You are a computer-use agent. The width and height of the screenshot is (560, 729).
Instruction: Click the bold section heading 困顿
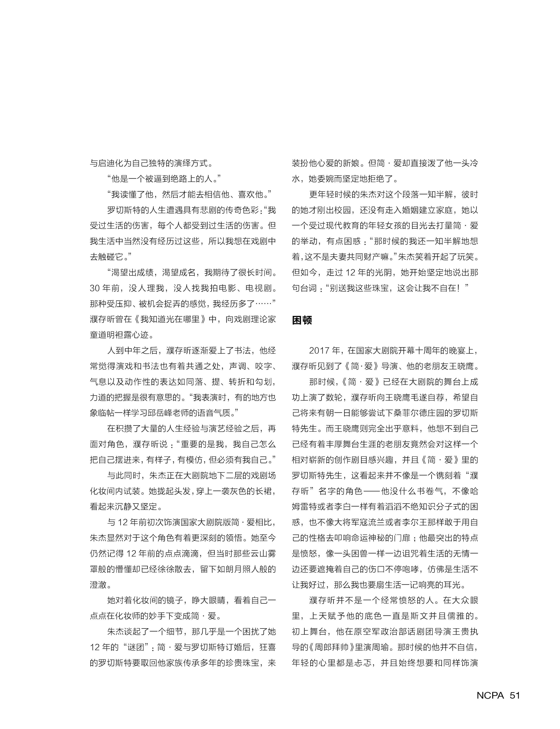[302, 320]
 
